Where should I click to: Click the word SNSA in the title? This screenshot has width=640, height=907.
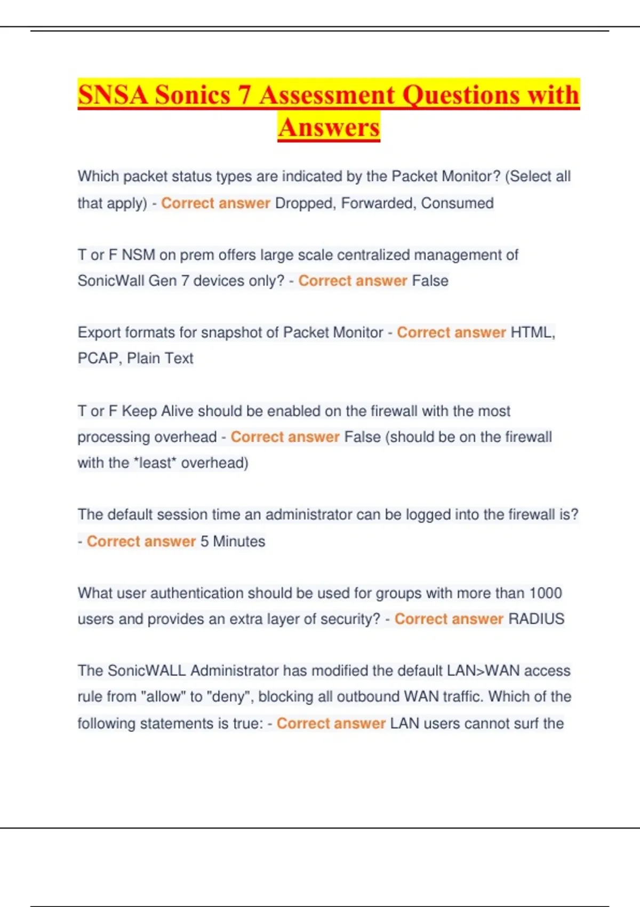(x=113, y=95)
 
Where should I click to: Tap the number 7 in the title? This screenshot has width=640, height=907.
(x=244, y=95)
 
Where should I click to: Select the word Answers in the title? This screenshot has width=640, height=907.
(x=329, y=128)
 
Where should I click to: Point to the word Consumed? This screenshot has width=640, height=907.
(x=457, y=203)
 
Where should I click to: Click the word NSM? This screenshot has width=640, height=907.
(x=138, y=255)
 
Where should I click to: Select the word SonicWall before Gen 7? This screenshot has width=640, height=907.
(x=110, y=281)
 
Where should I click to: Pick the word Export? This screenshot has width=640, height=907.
(x=99, y=332)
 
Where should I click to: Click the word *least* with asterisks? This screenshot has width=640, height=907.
(x=157, y=463)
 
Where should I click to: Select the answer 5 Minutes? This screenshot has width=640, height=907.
(x=233, y=541)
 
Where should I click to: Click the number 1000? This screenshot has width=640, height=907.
(x=545, y=593)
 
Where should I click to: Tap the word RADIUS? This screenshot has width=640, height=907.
(x=536, y=619)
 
